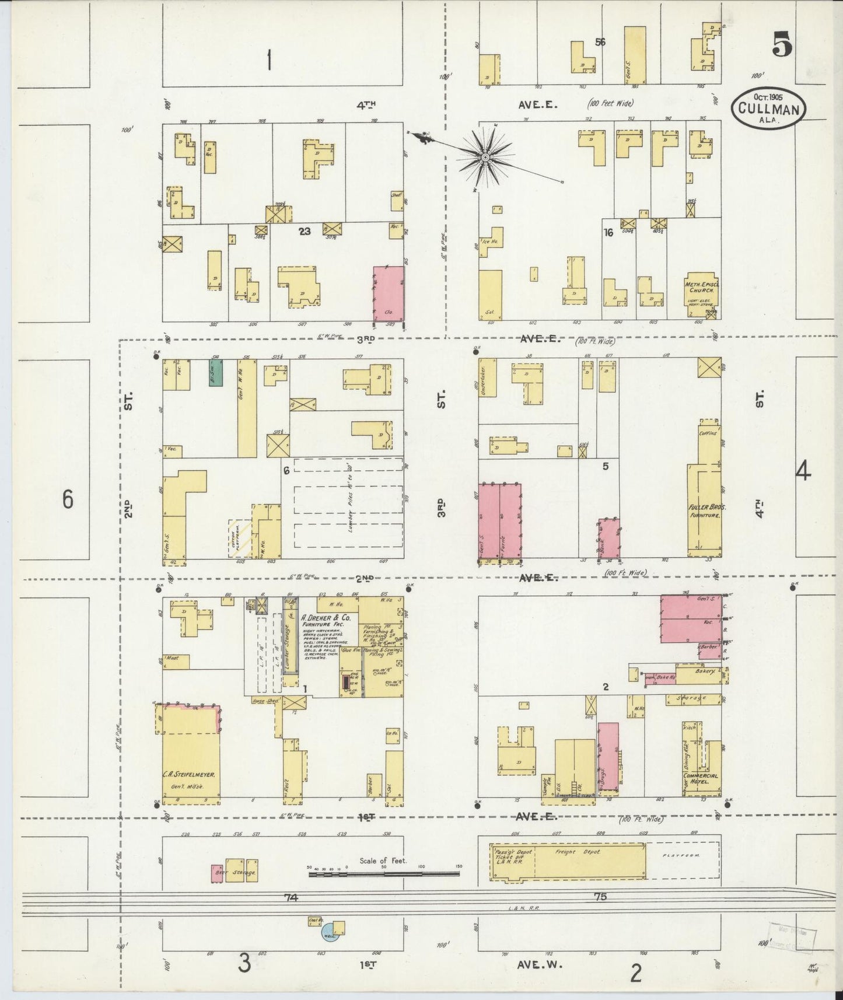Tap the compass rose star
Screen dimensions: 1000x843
(485, 156)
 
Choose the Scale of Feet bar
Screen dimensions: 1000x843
(385, 873)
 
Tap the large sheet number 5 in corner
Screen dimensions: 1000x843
(782, 46)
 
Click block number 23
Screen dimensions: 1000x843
(304, 231)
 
